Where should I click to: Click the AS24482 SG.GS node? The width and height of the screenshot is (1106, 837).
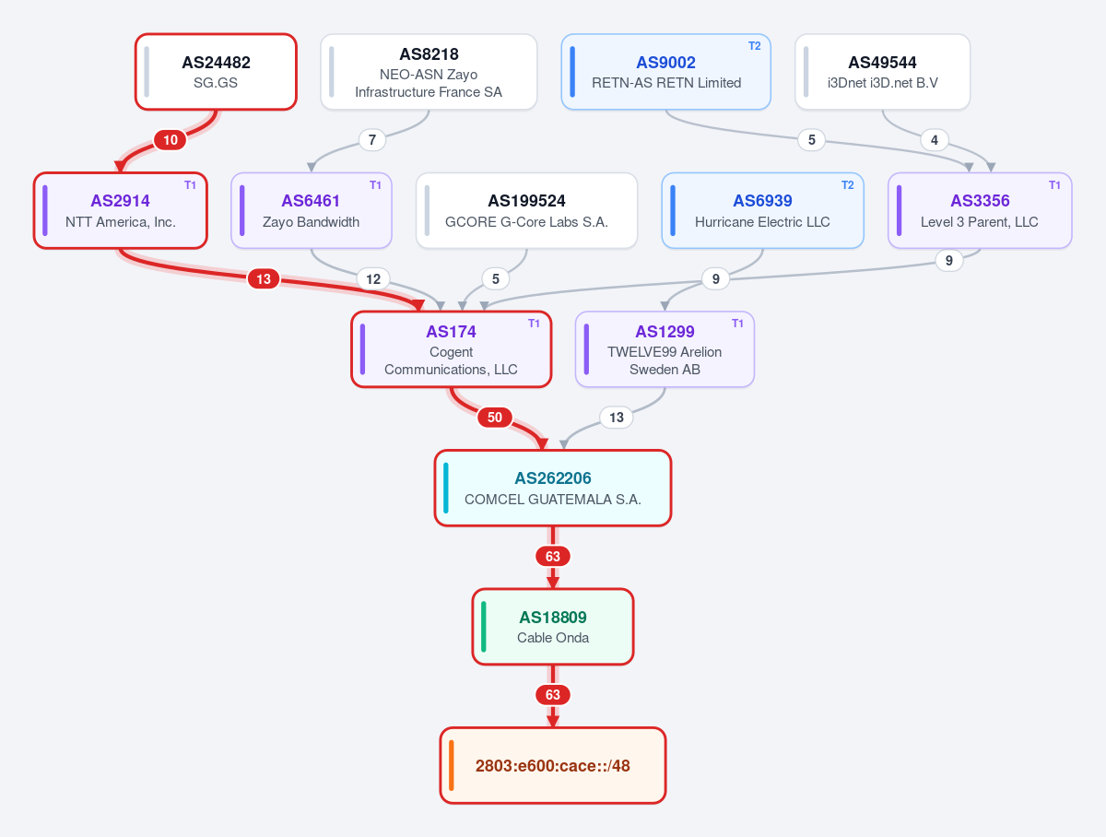[x=216, y=72]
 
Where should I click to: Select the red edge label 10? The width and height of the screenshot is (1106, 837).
[x=171, y=140]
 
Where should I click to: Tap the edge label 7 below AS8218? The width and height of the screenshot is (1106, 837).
[x=372, y=140]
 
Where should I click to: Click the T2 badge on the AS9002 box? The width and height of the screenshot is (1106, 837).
[x=754, y=46]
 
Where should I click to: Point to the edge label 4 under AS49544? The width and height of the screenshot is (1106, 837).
[x=935, y=140]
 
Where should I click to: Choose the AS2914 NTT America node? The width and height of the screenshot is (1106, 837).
[x=121, y=211]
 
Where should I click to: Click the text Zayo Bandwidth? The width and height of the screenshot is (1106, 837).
[x=311, y=222]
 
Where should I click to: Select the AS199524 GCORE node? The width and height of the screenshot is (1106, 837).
[x=526, y=211]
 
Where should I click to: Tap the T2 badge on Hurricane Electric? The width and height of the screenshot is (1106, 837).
[x=848, y=185]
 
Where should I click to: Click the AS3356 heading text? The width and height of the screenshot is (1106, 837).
[x=980, y=201]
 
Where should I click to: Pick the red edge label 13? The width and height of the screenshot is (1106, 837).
[x=264, y=279]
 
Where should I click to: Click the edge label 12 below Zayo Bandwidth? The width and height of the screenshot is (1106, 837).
[x=373, y=279]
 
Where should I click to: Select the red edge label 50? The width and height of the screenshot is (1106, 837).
[x=495, y=418]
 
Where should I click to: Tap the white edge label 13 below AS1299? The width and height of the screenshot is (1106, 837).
[x=617, y=418]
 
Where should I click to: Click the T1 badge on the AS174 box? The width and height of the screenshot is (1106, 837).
[x=534, y=324]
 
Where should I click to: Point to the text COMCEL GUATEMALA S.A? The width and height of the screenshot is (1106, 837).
[x=553, y=500]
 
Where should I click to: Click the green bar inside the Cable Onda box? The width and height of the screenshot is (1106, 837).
[x=484, y=626]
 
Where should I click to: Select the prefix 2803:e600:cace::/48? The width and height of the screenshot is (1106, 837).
[x=553, y=765]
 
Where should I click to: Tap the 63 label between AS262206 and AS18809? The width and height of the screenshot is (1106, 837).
[x=553, y=557]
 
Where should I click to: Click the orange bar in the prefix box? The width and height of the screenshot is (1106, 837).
[x=452, y=765]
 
